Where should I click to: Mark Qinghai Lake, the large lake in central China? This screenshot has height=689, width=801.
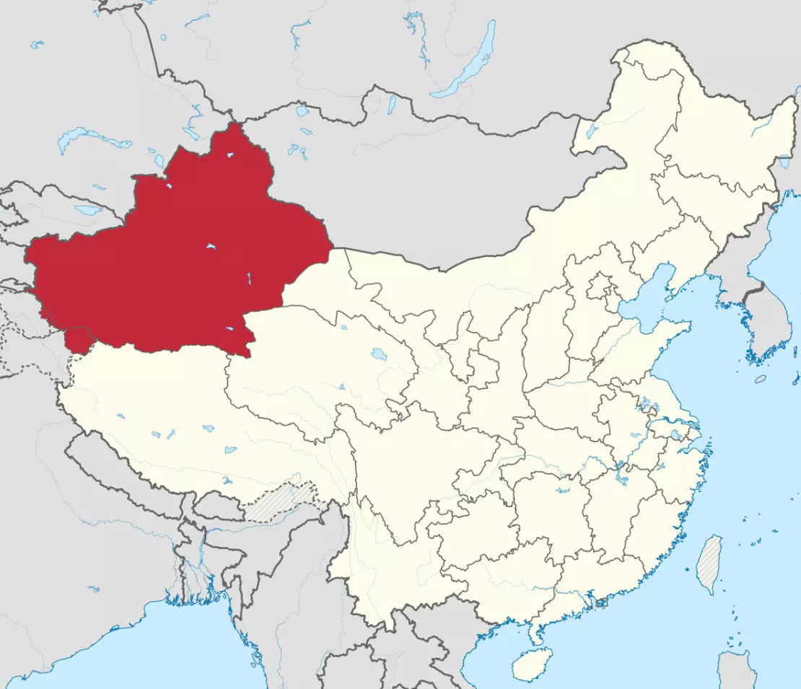click(377, 354)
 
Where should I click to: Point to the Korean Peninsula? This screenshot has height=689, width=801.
click(765, 317)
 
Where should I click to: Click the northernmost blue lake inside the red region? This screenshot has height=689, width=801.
click(229, 154)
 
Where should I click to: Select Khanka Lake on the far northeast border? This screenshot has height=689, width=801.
click(784, 162)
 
